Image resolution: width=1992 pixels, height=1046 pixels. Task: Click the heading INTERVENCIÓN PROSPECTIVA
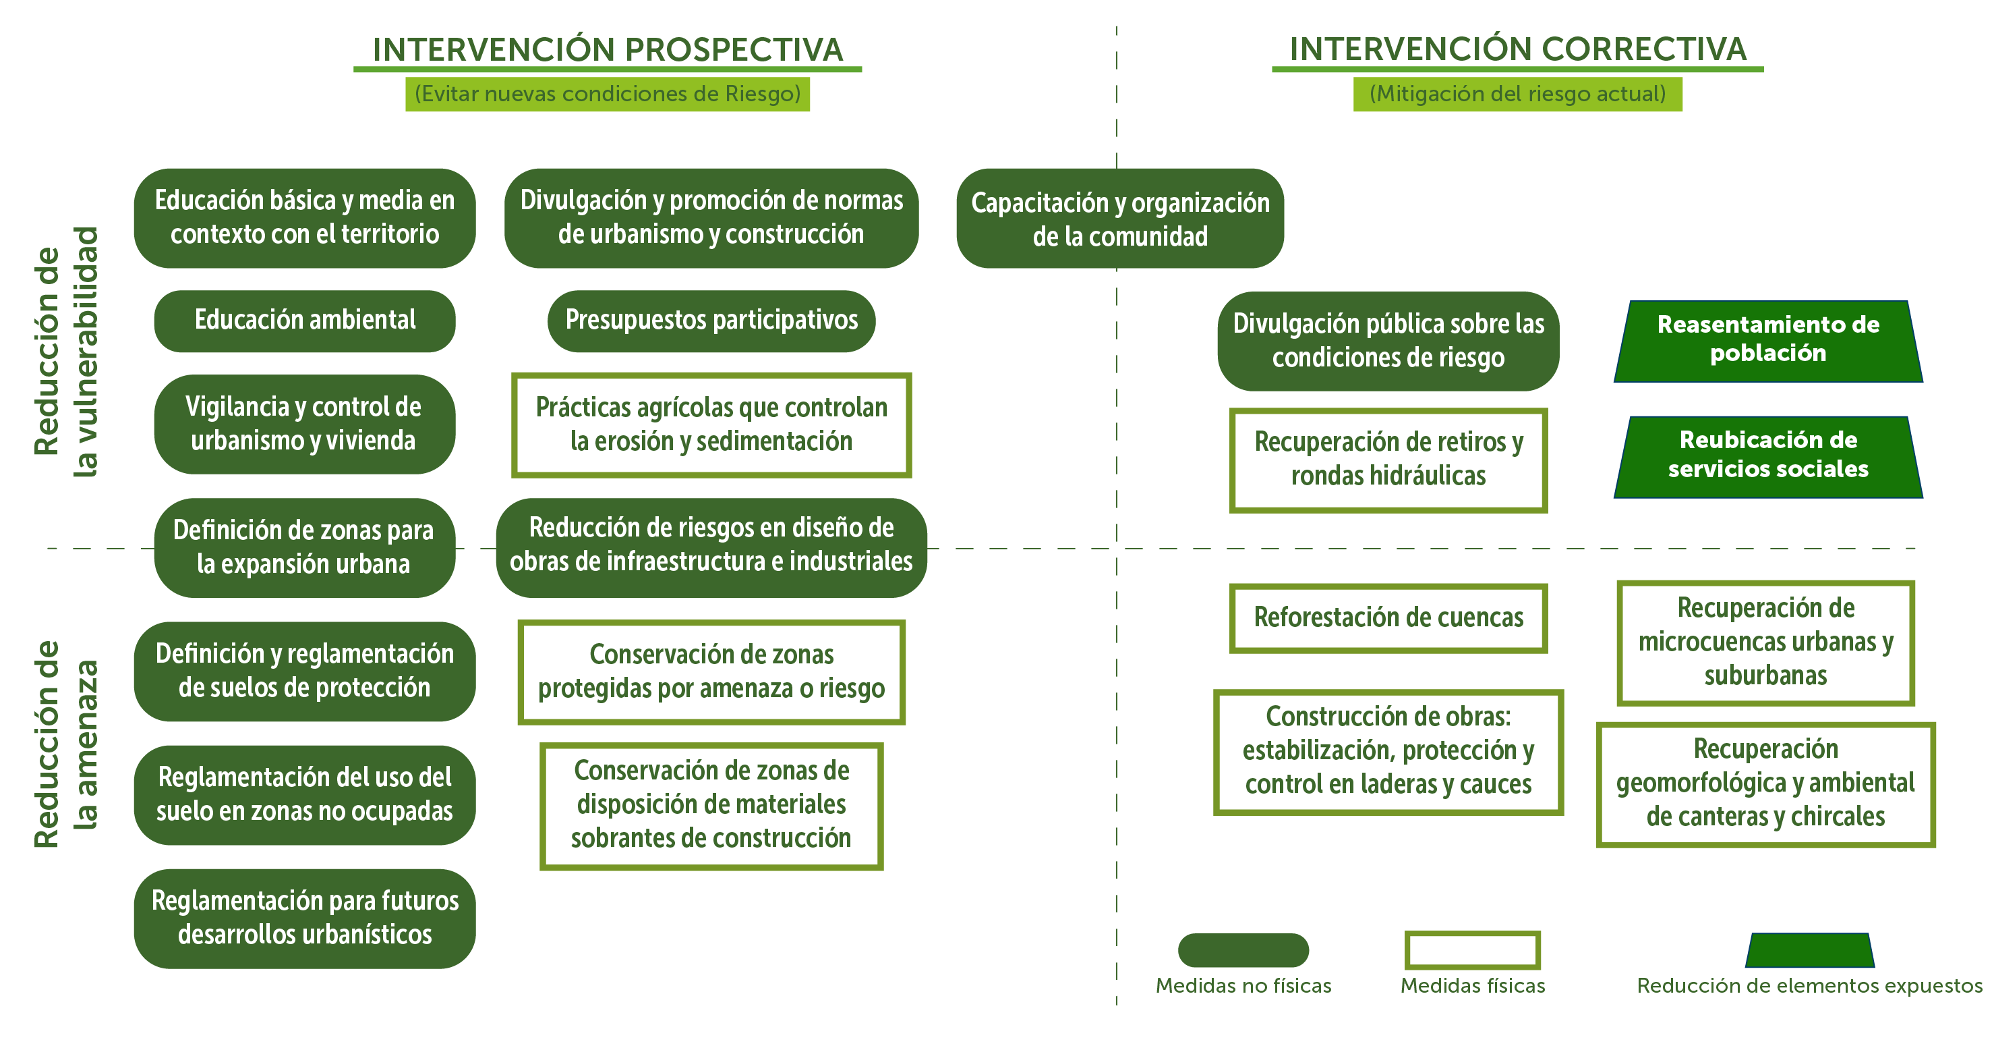coord(608,49)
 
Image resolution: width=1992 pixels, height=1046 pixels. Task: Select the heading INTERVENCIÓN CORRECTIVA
coord(1517,49)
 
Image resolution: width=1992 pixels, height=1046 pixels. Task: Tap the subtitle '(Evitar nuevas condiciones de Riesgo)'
coord(608,94)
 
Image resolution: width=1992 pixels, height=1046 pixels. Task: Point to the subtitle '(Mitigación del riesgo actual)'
coord(1517,94)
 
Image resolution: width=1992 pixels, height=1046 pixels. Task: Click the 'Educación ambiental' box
coord(305,321)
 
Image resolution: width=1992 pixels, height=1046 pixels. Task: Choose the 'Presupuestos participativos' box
coord(711,321)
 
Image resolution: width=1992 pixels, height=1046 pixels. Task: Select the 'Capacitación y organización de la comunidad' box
coord(1119,219)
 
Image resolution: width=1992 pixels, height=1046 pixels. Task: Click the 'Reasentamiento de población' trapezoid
coord(1767,339)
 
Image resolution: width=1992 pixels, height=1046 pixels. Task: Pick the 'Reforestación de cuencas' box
coord(1388,617)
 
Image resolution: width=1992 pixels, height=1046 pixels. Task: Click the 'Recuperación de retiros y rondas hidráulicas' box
coord(1388,460)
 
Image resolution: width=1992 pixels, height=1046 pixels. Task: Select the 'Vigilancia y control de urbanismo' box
coord(304,424)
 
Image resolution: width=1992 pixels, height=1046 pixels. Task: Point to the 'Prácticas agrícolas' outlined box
coord(711,424)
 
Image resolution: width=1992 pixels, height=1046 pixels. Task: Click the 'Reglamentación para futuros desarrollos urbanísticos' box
coord(305,918)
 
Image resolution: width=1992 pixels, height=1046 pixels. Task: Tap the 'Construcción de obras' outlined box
coord(1388,751)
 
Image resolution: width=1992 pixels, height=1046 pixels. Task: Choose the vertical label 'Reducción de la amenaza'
coord(67,744)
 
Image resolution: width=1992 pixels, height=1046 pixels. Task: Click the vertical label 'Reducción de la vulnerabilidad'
coord(67,352)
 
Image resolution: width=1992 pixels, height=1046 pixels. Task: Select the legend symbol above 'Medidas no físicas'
coord(1243,950)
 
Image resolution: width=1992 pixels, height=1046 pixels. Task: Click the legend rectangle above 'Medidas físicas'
coord(1472,950)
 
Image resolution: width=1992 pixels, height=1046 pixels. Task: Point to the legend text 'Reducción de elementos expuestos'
coord(1809,986)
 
